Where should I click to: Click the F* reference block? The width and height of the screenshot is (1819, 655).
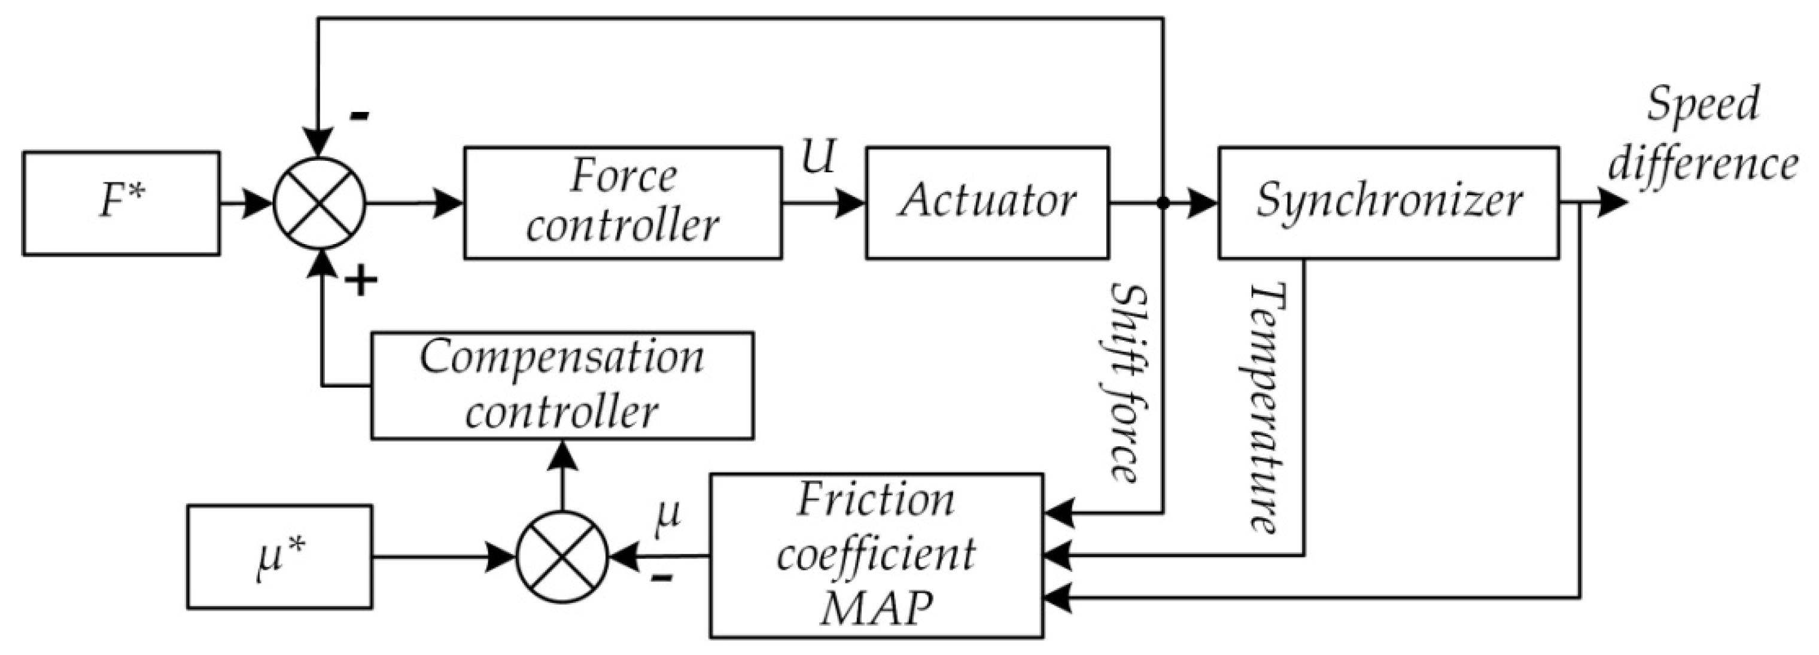point(121,203)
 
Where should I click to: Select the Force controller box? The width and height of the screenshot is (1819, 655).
point(622,203)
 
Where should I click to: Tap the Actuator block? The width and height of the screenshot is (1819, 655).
point(987,203)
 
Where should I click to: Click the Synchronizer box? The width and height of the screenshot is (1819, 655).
point(1388,203)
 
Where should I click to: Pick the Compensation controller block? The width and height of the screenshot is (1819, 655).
point(562,385)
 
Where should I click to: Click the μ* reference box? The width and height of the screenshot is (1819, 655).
point(279,556)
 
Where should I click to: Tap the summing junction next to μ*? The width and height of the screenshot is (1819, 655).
point(562,557)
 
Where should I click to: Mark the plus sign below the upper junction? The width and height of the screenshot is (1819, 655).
point(361,282)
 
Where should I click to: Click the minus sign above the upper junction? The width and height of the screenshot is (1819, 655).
point(360,115)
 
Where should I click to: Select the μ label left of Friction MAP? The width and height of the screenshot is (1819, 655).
point(667,514)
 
